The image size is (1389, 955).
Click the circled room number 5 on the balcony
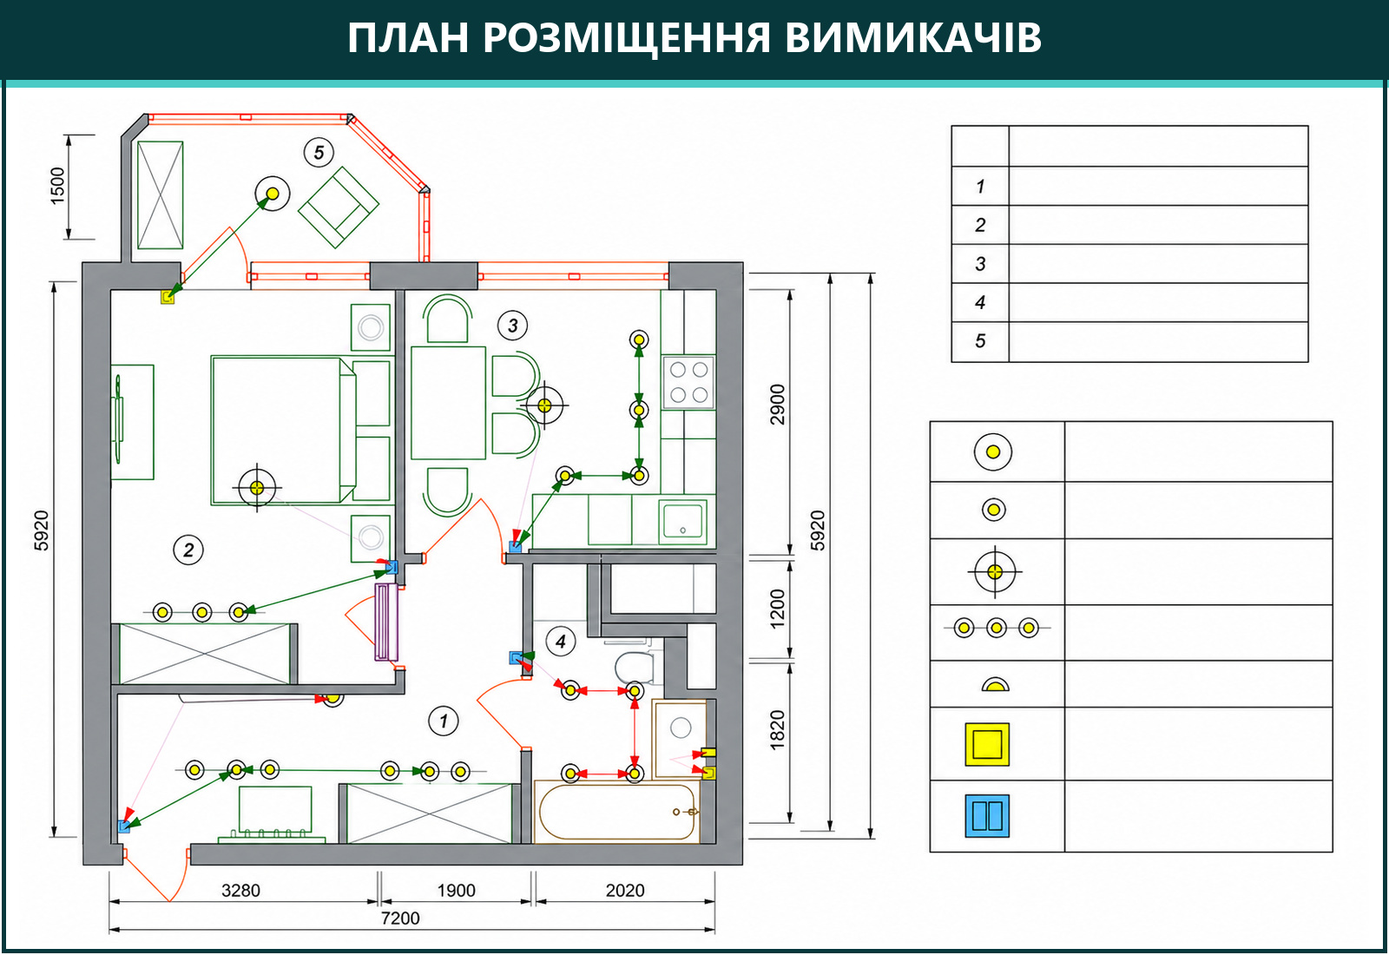point(319,153)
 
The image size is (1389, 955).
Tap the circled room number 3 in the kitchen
point(512,326)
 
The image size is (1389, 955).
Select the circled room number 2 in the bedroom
point(188,550)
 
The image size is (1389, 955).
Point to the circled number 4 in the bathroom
point(561,642)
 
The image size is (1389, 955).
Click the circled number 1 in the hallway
point(444,721)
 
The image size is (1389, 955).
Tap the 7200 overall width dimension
point(400,919)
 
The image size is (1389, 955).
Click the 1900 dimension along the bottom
point(456,891)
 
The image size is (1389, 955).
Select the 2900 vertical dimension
point(777,405)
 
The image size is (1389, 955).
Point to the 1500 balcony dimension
point(57,186)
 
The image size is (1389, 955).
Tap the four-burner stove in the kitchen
point(689,381)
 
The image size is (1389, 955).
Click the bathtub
point(616,812)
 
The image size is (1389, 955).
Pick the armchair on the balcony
point(339,207)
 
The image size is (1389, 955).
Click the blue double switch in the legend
point(987,815)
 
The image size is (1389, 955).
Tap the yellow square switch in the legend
point(987,744)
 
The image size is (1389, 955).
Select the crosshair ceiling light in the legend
point(995,572)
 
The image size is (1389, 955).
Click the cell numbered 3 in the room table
point(980,264)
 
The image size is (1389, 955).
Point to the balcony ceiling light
point(273,194)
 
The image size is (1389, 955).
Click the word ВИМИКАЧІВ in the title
point(912,37)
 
